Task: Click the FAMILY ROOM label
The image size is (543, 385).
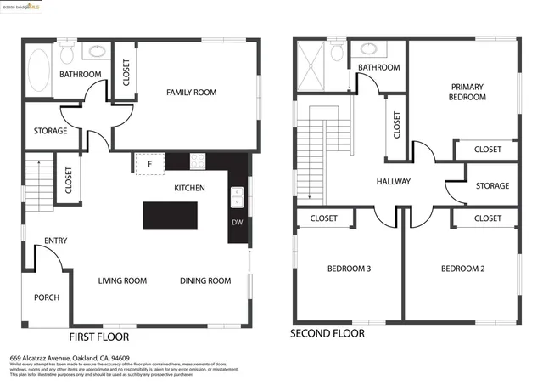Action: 191,93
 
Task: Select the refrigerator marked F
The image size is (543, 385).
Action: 149,162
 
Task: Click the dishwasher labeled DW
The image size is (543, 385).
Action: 237,224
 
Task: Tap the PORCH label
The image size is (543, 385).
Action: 47,298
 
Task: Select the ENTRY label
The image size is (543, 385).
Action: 56,241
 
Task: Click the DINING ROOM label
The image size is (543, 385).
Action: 205,281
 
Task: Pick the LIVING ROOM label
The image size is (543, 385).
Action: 122,281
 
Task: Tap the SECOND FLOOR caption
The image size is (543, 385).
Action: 327,334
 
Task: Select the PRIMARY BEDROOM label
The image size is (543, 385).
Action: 467,92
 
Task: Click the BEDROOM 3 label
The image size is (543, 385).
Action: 349,269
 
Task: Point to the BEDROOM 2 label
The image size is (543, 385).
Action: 462,269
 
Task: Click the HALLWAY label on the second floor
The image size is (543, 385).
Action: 394,182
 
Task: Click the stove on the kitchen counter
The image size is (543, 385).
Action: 198,159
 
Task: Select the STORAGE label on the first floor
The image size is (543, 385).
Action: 50,131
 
